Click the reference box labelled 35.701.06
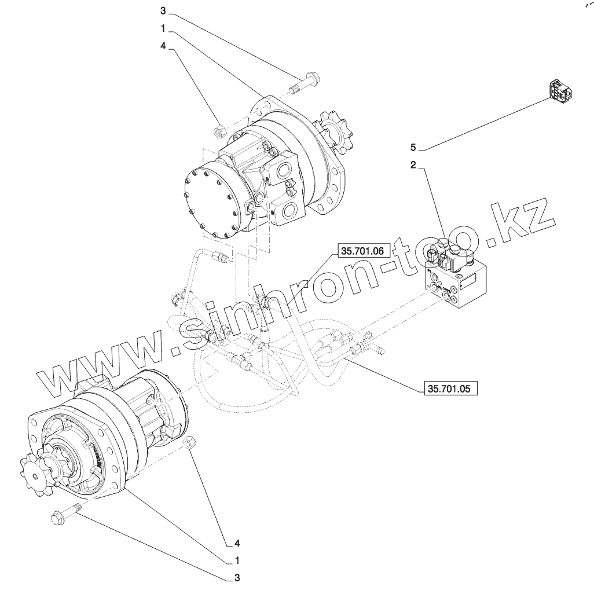click(x=362, y=250)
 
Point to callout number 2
click(x=413, y=166)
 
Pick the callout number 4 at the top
click(x=163, y=50)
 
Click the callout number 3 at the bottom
click(x=237, y=578)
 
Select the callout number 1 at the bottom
click(x=237, y=560)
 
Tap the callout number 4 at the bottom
click(x=237, y=543)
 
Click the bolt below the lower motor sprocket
click(x=64, y=514)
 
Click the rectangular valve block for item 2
click(x=459, y=283)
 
